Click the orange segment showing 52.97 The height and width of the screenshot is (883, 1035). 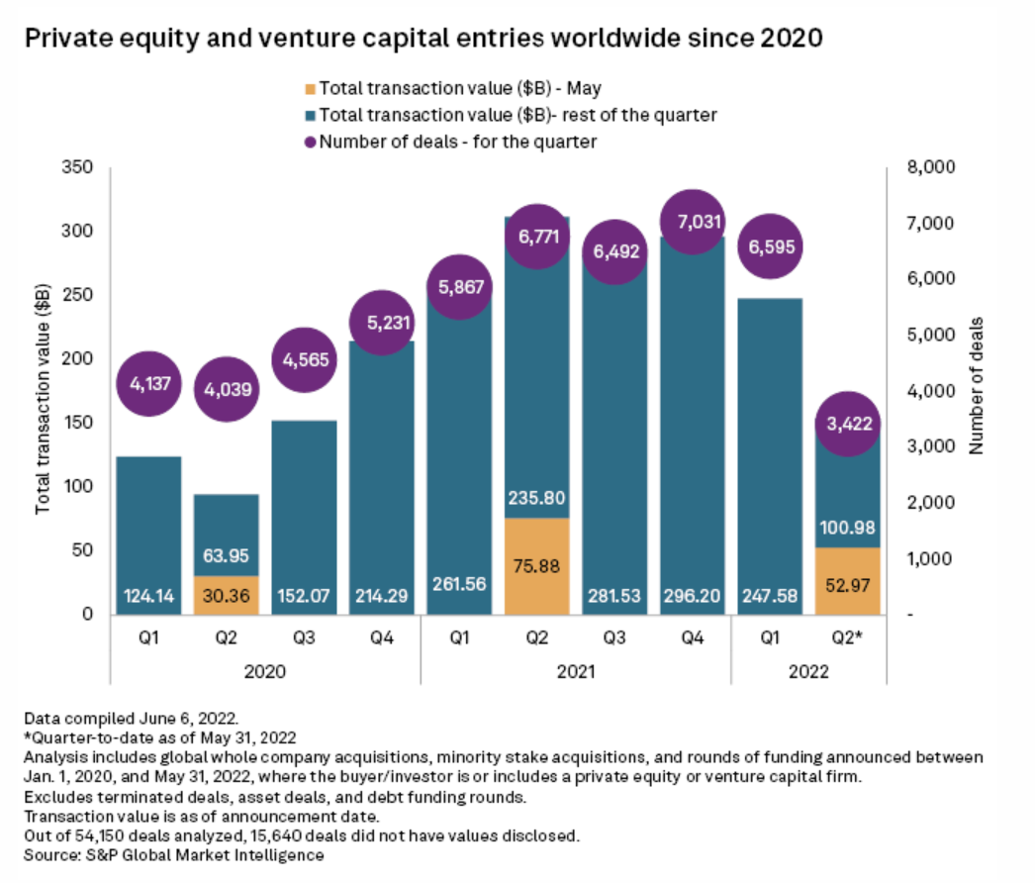pos(848,581)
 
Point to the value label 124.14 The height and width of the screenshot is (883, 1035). pos(147,597)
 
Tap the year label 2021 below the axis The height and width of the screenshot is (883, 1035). pos(576,671)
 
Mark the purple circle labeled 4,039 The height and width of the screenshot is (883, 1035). pos(226,389)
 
